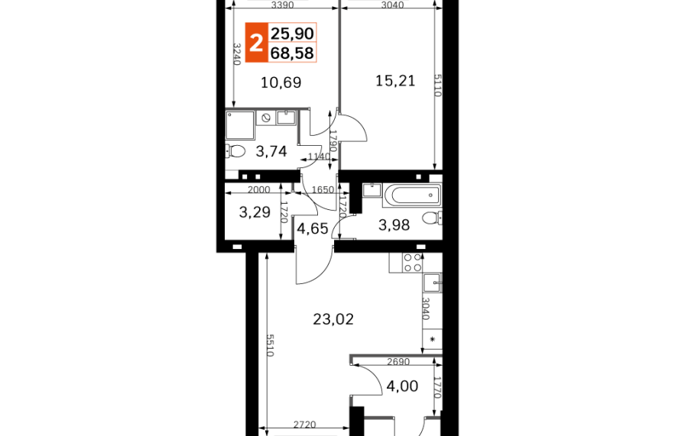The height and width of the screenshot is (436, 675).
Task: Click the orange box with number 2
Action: click(x=256, y=43)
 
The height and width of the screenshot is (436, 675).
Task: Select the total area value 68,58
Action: click(x=292, y=53)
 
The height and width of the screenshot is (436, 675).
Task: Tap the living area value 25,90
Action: click(x=292, y=33)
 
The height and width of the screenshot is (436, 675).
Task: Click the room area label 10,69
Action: click(x=281, y=82)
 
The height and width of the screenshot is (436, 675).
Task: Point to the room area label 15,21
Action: click(x=395, y=80)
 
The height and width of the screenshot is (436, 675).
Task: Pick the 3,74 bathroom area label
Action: click(x=271, y=151)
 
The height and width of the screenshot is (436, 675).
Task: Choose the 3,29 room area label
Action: click(x=255, y=212)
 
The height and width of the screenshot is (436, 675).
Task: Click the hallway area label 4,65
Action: click(x=313, y=228)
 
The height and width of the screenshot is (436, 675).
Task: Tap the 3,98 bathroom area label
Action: click(x=394, y=224)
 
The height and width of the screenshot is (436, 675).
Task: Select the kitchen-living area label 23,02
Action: click(x=333, y=319)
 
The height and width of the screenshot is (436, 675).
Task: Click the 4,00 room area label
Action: click(x=402, y=386)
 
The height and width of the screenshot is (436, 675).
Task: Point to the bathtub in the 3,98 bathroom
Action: click(x=411, y=195)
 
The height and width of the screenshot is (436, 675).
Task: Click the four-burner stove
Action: click(x=412, y=263)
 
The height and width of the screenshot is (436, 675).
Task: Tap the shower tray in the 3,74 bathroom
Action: click(x=240, y=125)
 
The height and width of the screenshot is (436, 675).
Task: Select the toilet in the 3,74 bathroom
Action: click(x=234, y=151)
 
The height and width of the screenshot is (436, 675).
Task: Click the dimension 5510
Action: click(x=271, y=345)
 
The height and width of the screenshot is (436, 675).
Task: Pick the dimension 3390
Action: click(x=283, y=5)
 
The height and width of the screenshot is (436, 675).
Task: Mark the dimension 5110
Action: click(x=437, y=85)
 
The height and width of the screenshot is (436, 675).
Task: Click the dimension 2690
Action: click(x=398, y=362)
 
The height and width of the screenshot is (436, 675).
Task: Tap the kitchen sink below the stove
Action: click(x=432, y=283)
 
